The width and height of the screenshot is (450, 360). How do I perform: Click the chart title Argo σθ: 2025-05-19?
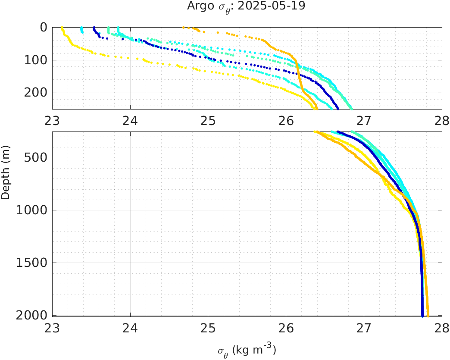click(x=246, y=6)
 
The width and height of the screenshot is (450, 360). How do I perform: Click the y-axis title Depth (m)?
click(x=6, y=178)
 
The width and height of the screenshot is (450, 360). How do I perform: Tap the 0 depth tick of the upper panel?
click(x=44, y=27)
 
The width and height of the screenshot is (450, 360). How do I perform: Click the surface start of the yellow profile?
click(x=62, y=28)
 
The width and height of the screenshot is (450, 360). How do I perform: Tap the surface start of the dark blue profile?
click(x=94, y=28)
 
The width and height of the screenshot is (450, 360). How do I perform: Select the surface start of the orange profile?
click(x=184, y=28)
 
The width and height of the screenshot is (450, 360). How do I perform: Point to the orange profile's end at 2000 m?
click(x=428, y=316)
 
